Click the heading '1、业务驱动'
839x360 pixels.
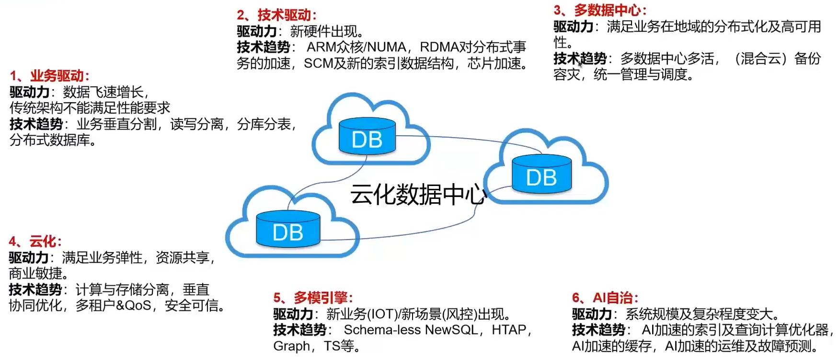[49, 76]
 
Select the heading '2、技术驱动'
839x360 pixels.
[276, 15]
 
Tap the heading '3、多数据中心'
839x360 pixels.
[599, 10]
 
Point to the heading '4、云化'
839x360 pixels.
[35, 241]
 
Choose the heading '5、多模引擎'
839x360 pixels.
[313, 298]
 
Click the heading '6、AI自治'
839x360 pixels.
[605, 298]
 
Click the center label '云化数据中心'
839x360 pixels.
[418, 195]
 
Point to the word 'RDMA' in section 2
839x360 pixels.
[439, 47]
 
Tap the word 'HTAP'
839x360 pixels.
[509, 330]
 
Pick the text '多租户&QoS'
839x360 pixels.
[114, 305]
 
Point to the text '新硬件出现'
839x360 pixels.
[323, 32]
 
